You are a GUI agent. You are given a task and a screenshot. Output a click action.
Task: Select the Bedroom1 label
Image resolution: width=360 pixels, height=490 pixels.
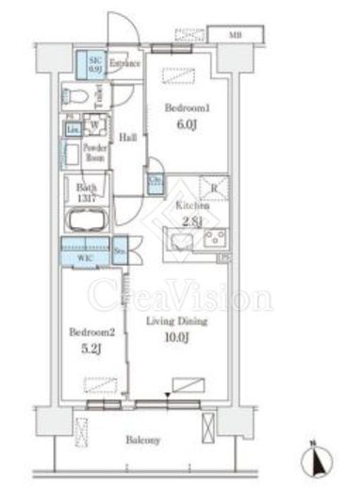(185, 108)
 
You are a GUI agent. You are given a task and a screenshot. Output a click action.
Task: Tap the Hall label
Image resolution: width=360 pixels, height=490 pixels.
(128, 137)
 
